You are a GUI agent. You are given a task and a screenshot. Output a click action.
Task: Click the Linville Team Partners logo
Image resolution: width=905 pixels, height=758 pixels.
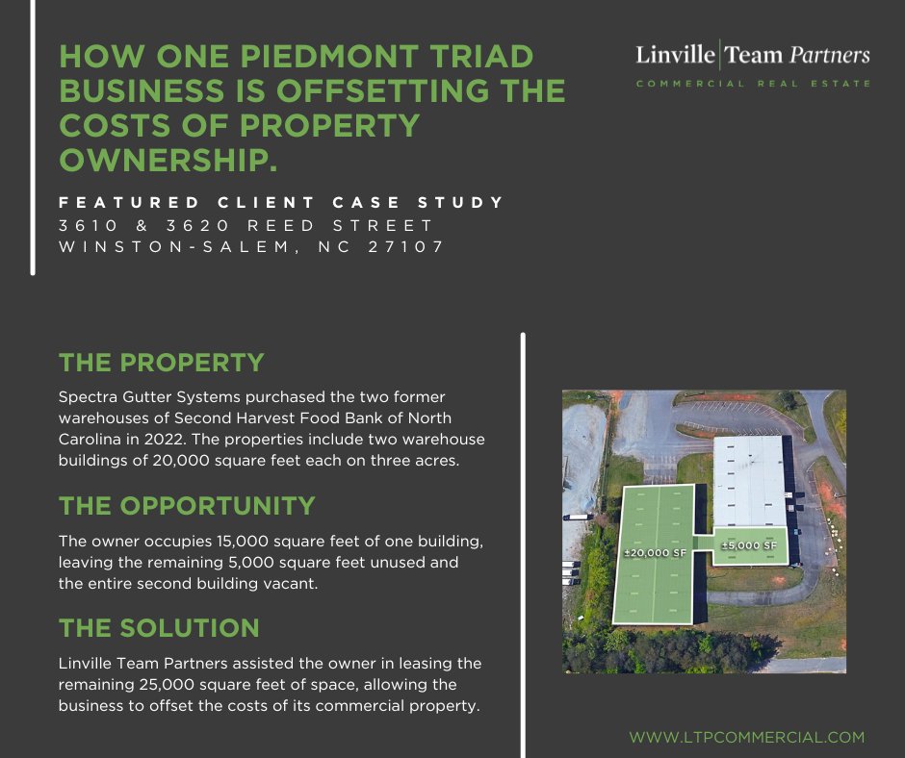click(x=752, y=55)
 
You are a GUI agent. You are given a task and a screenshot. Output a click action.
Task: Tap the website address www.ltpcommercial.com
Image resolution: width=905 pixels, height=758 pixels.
click(x=747, y=738)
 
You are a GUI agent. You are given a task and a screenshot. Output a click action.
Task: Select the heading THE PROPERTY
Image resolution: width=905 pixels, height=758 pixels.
click(x=161, y=363)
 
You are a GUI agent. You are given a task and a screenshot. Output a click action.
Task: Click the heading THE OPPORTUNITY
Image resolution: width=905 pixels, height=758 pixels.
click(x=187, y=506)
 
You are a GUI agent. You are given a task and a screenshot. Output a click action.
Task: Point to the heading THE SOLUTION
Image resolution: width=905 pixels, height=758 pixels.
click(x=159, y=628)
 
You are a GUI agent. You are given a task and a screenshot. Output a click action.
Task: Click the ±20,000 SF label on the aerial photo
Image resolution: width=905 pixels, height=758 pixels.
click(x=654, y=553)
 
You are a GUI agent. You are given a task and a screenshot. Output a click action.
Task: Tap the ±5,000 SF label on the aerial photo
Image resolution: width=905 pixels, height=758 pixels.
click(x=749, y=545)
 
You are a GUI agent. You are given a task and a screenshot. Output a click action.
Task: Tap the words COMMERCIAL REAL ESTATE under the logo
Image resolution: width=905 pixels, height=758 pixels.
click(x=752, y=84)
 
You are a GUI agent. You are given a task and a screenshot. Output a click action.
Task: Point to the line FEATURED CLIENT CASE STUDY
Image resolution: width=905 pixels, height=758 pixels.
click(x=282, y=203)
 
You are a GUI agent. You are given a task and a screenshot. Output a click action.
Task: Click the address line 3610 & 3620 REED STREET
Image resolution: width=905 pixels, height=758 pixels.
click(x=246, y=226)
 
